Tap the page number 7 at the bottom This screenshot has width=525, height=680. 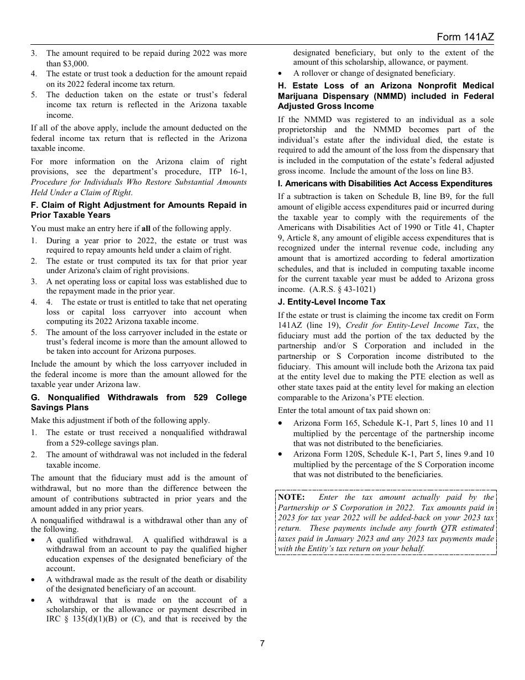pyautogui.click(x=262, y=643)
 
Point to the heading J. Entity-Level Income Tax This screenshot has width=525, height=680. pyautogui.click(x=331, y=302)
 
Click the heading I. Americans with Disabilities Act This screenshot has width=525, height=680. pyautogui.click(x=385, y=184)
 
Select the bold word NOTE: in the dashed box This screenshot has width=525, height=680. pyautogui.click(x=291, y=497)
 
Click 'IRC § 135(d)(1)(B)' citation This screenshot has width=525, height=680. pyautogui.click(x=80, y=619)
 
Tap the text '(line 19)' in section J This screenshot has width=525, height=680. pyautogui.click(x=318, y=325)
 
